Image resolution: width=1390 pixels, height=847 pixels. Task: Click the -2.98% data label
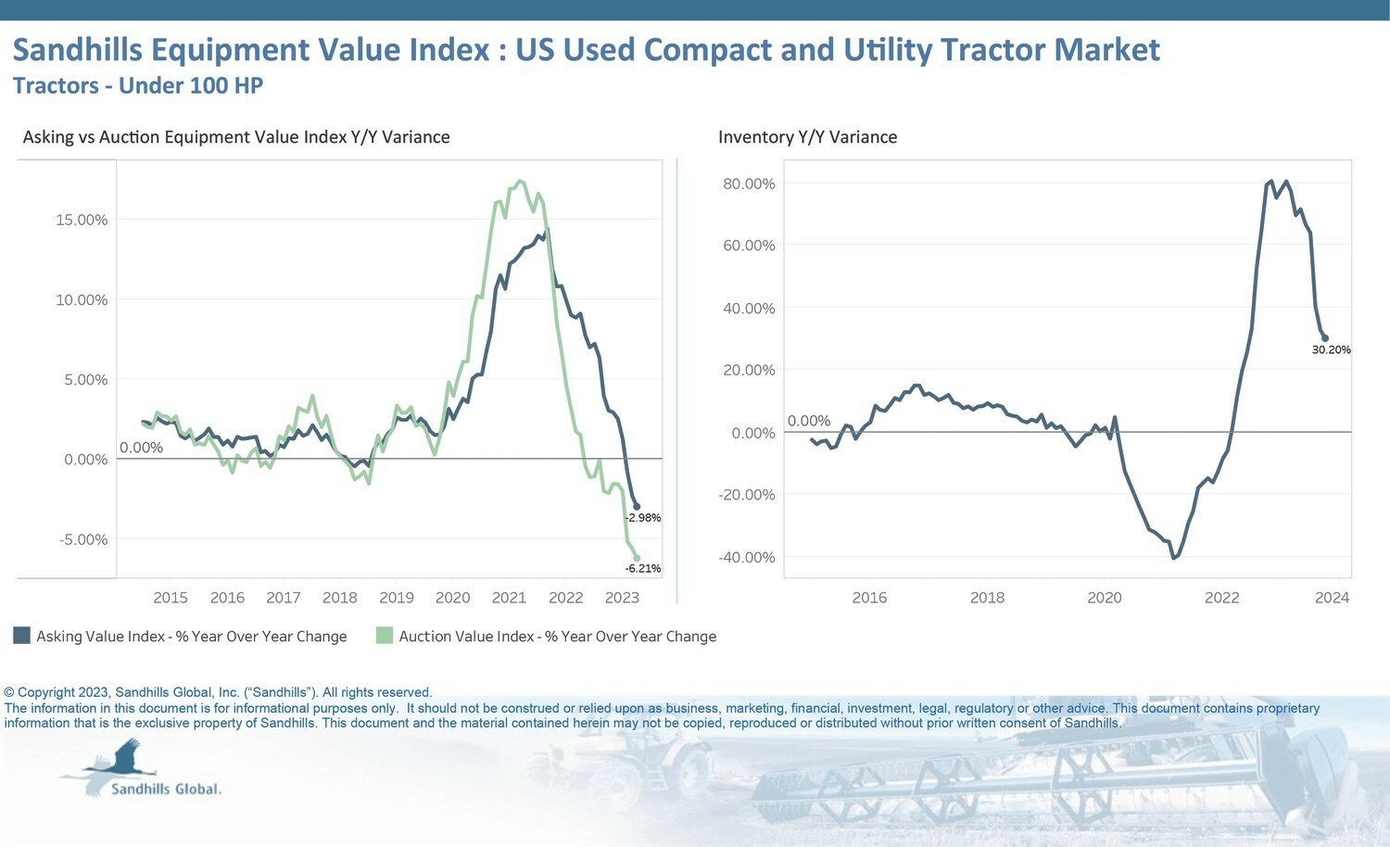click(x=643, y=518)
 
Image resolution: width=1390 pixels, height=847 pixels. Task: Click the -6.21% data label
click(x=643, y=569)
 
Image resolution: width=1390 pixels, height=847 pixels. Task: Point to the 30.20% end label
click(x=1331, y=350)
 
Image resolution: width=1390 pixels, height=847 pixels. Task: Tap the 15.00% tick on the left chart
click(x=82, y=220)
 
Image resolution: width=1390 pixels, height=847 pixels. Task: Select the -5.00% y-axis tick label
click(x=83, y=539)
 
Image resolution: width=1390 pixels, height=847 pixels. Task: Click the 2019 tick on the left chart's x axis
click(x=397, y=598)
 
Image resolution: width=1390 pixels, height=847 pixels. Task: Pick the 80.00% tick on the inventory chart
click(x=749, y=183)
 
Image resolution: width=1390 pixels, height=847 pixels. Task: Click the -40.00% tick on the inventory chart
click(x=747, y=557)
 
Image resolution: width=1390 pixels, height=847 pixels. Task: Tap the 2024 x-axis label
click(x=1332, y=598)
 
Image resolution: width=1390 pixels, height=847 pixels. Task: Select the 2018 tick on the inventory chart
click(x=987, y=598)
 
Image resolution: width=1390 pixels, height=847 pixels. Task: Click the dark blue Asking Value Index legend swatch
click(x=21, y=636)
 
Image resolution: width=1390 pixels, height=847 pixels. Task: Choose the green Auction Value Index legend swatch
click(x=385, y=636)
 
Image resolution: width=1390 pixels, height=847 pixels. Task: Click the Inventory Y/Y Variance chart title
click(x=807, y=137)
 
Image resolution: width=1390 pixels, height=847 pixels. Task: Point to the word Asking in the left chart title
click(x=47, y=137)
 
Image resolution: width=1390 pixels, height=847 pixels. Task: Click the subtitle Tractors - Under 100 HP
click(x=138, y=86)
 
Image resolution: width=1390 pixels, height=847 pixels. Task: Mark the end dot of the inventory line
click(x=1325, y=338)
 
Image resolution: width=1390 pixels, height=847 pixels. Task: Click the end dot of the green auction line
click(x=637, y=558)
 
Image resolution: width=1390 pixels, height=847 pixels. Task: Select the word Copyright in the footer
click(x=46, y=692)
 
